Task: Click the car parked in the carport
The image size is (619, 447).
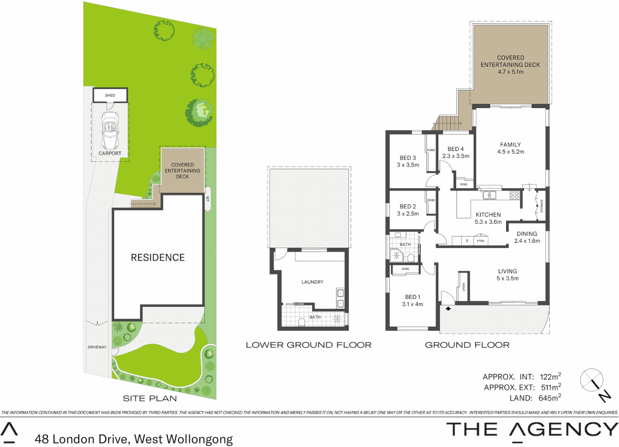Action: point(110,130)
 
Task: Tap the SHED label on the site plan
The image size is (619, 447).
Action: point(110,95)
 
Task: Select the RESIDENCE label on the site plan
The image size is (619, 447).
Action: point(158,257)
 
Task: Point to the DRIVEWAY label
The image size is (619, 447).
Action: point(97,347)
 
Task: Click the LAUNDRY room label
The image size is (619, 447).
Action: point(312,282)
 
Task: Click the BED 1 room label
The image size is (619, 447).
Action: point(413,297)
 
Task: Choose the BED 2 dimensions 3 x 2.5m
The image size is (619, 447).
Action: point(408,214)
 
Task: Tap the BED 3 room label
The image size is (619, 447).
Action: point(408,158)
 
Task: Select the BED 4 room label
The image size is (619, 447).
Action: point(456,149)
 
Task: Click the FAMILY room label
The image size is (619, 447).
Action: point(510,144)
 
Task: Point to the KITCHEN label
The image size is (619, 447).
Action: point(488,215)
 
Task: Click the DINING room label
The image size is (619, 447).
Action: point(527,234)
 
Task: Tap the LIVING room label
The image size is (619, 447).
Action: point(507,272)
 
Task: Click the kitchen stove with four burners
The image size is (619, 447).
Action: point(514,195)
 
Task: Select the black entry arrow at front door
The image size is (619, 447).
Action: point(448,308)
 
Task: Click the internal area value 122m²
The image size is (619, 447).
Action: point(550,377)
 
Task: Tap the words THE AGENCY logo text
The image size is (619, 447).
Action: point(532,430)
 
